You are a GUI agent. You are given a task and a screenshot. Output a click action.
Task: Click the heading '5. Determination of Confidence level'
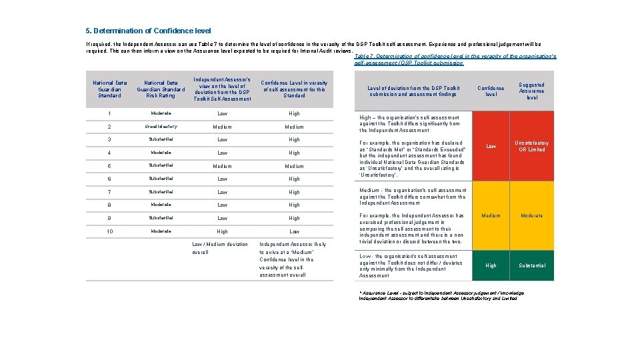tap(148, 31)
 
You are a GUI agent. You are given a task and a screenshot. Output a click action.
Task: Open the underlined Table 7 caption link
tap(455, 59)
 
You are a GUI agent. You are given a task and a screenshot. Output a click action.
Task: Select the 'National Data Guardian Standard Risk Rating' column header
tap(161, 89)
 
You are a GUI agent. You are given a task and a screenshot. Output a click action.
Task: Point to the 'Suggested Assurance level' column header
tap(531, 91)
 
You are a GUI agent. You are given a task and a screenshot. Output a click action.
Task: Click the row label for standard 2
tap(109, 127)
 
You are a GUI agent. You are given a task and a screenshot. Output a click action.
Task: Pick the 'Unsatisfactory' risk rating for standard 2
tap(161, 127)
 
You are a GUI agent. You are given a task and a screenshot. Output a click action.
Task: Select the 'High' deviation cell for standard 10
tap(222, 231)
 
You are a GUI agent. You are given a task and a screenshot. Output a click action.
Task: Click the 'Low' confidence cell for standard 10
tap(294, 231)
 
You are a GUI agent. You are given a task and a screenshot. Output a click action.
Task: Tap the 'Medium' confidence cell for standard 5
tap(294, 166)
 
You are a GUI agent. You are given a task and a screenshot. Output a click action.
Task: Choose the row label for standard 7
tap(109, 192)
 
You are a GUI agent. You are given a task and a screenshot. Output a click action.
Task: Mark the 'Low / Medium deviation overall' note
tap(219, 248)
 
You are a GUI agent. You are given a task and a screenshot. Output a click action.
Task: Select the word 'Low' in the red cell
tap(491, 146)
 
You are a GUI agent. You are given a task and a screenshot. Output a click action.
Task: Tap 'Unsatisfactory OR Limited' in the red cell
tap(531, 146)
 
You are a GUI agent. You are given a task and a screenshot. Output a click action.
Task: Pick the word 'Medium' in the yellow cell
tap(491, 215)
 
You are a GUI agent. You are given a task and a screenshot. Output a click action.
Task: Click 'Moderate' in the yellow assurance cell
tap(531, 215)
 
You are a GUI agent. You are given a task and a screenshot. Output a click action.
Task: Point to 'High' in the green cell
tap(491, 265)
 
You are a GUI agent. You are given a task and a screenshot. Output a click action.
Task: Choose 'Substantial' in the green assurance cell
tap(531, 265)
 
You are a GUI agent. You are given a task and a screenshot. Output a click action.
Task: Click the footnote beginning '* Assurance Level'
tap(441, 295)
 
